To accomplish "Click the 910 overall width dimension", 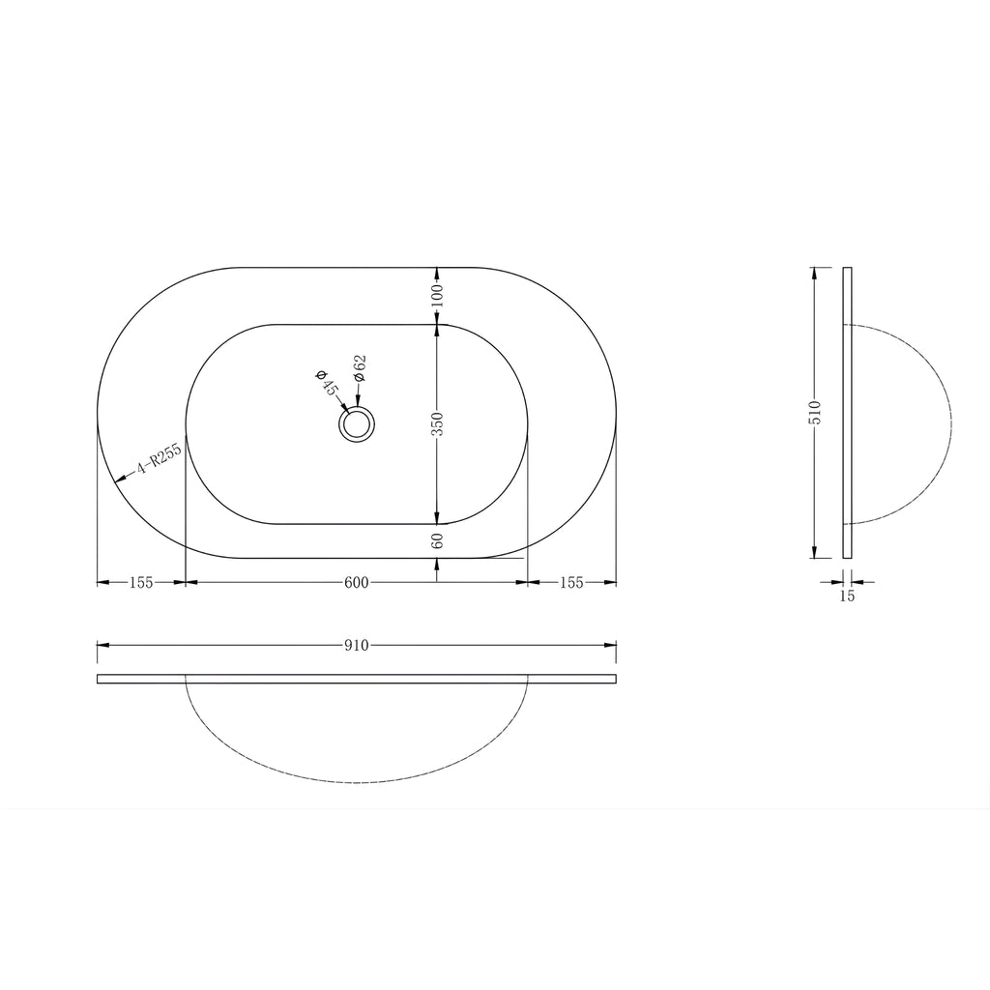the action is click(x=356, y=645).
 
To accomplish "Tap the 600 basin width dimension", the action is click(x=356, y=583).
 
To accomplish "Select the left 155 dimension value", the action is click(x=141, y=583).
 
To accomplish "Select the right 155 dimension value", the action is click(x=571, y=583).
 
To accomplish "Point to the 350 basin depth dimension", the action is click(x=439, y=423).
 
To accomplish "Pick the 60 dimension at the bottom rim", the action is click(x=439, y=540).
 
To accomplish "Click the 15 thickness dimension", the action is click(x=847, y=596).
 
